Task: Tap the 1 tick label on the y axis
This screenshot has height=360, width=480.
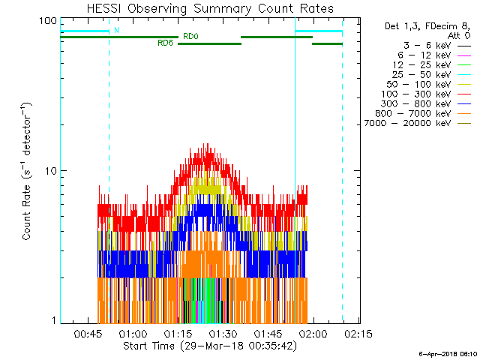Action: click(x=53, y=320)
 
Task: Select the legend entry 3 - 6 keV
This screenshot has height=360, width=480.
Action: click(x=412, y=45)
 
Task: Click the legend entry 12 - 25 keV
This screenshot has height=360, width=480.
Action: click(x=412, y=64)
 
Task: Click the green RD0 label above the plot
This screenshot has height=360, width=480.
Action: click(x=190, y=36)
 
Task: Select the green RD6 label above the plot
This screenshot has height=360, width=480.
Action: click(x=165, y=43)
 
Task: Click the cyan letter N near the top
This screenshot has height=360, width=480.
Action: click(x=116, y=31)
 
